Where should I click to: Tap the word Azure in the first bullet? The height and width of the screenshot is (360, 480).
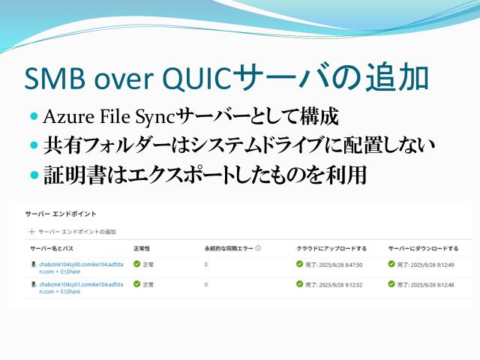65,117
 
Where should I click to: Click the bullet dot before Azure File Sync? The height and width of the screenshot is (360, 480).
34,117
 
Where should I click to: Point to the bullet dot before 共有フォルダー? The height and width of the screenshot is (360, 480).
34,144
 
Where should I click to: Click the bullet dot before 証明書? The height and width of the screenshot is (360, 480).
34,175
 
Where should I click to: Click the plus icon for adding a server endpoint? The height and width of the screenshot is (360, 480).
31,232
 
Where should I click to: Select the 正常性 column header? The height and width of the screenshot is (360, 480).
142,248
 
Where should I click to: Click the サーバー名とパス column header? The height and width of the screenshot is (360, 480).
52,248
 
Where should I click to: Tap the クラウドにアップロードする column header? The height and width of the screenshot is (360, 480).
331,248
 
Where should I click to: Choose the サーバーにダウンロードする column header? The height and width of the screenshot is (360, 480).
423,248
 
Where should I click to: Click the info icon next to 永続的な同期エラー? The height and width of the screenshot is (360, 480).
257,248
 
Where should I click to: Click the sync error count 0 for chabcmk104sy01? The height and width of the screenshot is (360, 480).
206,285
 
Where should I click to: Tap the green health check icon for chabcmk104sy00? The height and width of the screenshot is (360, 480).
136,265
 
